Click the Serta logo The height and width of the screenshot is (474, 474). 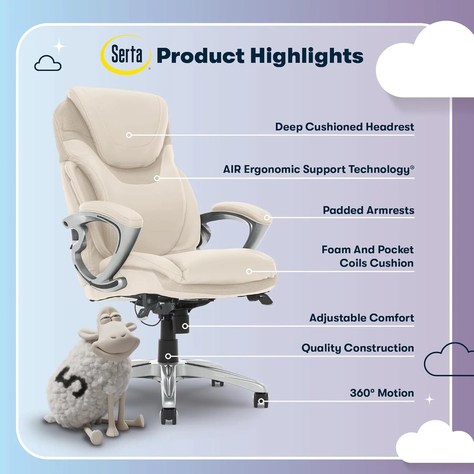click(126, 55)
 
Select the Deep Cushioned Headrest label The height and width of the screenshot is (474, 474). click(344, 127)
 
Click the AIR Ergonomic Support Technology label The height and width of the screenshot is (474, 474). click(318, 170)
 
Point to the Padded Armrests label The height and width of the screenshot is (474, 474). click(368, 210)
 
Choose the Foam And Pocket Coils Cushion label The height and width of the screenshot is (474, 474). click(368, 256)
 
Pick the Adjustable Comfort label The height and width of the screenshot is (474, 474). click(361, 318)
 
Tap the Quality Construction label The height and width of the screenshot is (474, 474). click(358, 348)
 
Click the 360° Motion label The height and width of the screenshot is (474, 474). click(382, 393)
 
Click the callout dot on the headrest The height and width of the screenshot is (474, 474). click(129, 135)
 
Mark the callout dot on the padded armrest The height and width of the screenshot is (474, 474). click(267, 217)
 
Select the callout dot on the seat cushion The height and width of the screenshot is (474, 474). click(249, 272)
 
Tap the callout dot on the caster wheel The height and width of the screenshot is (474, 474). click(261, 401)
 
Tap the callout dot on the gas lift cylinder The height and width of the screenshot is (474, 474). click(168, 356)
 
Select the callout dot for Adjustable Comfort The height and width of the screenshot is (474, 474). click(185, 326)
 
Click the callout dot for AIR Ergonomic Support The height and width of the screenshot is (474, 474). click(157, 178)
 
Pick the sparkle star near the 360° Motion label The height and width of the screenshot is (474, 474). click(429, 400)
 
